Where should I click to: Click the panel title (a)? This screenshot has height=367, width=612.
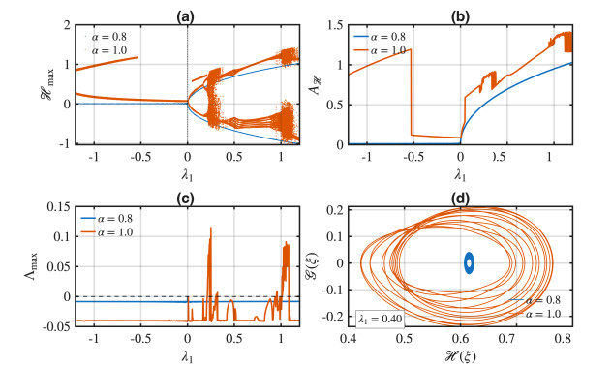(185, 16)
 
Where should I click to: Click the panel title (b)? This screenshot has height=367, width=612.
(460, 16)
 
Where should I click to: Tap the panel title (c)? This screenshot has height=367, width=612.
(185, 199)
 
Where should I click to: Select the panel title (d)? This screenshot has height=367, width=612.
(460, 199)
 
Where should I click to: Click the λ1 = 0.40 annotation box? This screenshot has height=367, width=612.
(381, 319)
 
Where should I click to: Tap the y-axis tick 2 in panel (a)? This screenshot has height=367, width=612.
(67, 25)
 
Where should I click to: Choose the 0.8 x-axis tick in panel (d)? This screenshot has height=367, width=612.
(563, 337)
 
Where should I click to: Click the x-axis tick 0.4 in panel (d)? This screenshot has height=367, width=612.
(347, 337)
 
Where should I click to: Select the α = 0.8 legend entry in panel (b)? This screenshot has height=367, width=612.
(380, 37)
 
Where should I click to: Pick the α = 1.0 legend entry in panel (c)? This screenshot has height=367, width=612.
(107, 232)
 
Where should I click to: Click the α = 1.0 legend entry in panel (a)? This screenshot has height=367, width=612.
(106, 50)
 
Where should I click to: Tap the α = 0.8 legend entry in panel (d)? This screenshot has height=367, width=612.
(535, 300)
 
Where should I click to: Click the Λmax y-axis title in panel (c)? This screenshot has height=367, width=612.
(32, 266)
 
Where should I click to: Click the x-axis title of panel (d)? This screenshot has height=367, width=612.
(460, 355)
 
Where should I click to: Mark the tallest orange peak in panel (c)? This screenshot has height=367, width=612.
(211, 228)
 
